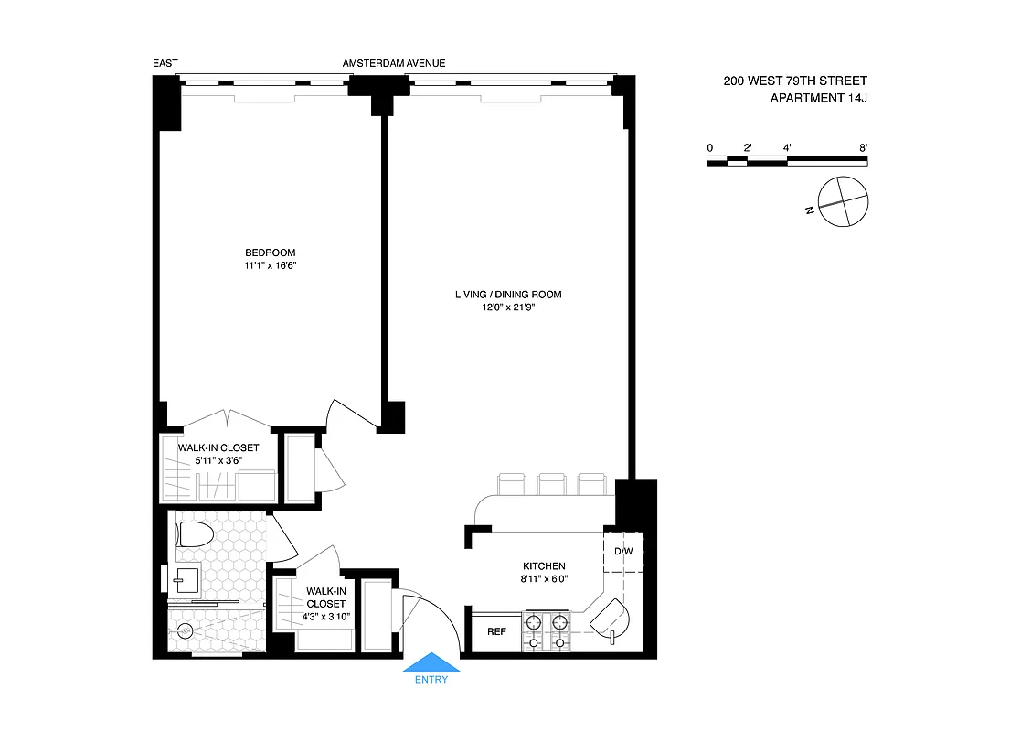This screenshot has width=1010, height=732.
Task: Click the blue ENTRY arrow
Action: click(x=432, y=662)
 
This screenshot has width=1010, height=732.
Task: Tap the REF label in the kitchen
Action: click(x=496, y=631)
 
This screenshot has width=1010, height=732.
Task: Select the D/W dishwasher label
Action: click(x=623, y=552)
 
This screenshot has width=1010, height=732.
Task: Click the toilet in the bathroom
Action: click(x=195, y=533)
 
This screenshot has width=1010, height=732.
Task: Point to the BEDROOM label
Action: click(x=271, y=253)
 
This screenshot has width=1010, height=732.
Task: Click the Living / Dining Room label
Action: click(x=508, y=295)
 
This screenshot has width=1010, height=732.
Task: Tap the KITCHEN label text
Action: click(x=544, y=566)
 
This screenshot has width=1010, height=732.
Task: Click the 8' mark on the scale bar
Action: click(x=863, y=147)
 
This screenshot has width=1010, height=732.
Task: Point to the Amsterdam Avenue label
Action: click(x=394, y=63)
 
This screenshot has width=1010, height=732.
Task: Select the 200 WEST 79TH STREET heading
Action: click(x=795, y=81)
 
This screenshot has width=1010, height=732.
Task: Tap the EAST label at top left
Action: click(x=165, y=63)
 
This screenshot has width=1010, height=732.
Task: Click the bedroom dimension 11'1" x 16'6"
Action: click(x=271, y=265)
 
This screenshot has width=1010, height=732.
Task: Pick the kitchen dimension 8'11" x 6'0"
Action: click(x=544, y=579)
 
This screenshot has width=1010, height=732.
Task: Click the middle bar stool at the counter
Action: click(x=551, y=483)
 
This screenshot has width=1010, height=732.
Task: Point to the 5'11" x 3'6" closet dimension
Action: click(x=218, y=461)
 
